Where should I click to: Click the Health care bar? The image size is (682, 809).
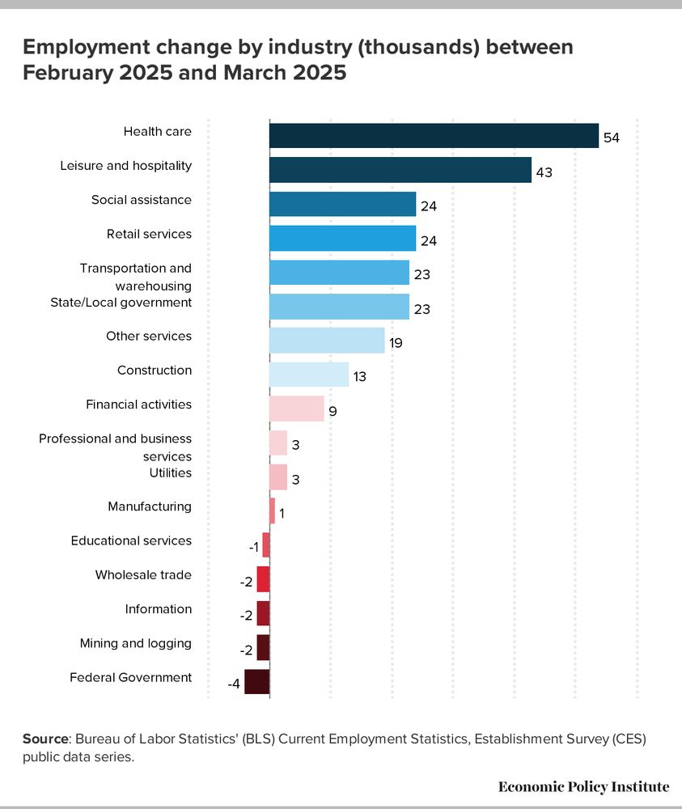click(434, 136)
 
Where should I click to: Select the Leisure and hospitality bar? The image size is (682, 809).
click(400, 170)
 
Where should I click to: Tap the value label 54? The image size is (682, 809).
click(611, 138)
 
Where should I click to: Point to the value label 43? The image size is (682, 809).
click(544, 172)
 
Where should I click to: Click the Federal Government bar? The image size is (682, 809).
click(256, 682)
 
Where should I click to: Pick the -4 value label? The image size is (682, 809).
click(234, 684)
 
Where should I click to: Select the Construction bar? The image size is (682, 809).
click(308, 375)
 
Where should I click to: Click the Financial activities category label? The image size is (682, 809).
click(138, 404)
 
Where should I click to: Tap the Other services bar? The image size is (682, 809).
click(326, 341)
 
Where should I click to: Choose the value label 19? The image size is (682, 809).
click(396, 343)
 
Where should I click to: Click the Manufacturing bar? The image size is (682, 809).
click(272, 511)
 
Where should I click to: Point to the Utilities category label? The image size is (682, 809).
click(170, 472)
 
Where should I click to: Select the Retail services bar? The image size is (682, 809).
click(342, 238)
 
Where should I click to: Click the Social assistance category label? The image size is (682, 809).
click(141, 200)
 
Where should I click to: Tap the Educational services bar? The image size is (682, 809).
click(265, 545)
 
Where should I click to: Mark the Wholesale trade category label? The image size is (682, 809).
click(143, 575)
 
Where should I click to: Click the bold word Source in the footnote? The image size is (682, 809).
click(44, 739)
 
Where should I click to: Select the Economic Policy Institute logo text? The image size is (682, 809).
click(583, 786)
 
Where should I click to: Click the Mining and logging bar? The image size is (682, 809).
click(263, 648)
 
